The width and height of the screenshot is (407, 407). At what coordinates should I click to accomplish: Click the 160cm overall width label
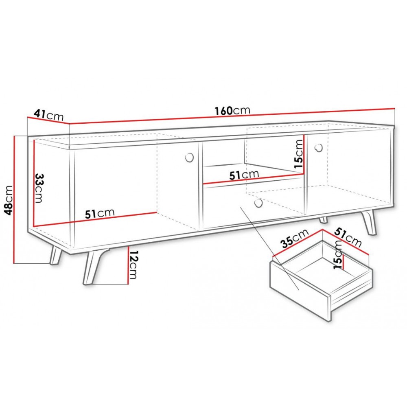pyautogui.click(x=232, y=111)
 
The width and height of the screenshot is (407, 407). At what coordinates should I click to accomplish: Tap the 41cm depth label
pyautogui.click(x=49, y=115)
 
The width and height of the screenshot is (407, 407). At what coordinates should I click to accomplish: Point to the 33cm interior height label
pyautogui.click(x=39, y=188)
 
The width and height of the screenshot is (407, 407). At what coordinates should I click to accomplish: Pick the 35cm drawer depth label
pyautogui.click(x=295, y=239)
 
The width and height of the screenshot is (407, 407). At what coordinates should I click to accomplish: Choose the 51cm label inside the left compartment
pyautogui.click(x=100, y=213)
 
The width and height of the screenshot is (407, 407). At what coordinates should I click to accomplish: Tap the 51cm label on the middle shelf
pyautogui.click(x=244, y=175)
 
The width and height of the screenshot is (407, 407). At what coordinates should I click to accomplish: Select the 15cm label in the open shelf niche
pyautogui.click(x=298, y=154)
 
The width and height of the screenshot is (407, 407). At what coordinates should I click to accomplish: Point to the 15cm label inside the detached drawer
pyautogui.click(x=338, y=254)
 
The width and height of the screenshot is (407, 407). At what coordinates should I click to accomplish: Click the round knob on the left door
pyautogui.click(x=190, y=158)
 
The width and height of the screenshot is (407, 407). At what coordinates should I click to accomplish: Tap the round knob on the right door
pyautogui.click(x=318, y=148)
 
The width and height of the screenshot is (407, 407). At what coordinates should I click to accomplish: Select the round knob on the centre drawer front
pyautogui.click(x=258, y=203)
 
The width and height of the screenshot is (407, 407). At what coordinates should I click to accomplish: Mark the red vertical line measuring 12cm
pyautogui.click(x=129, y=265)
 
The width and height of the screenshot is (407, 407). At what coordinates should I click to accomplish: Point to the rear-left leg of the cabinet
pyautogui.click(x=56, y=255)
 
